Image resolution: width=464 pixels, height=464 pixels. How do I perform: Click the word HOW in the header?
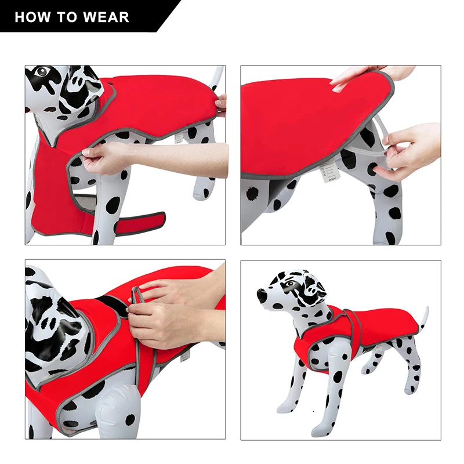pos(31,17)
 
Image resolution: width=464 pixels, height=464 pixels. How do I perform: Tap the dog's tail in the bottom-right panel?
pos(425,317)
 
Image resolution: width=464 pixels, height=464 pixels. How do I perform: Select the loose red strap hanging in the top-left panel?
pos(139,220)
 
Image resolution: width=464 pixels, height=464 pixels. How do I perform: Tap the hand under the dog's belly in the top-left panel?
pos(107,157)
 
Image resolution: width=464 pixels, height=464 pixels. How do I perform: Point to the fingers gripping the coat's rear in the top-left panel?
pos(221,104)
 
